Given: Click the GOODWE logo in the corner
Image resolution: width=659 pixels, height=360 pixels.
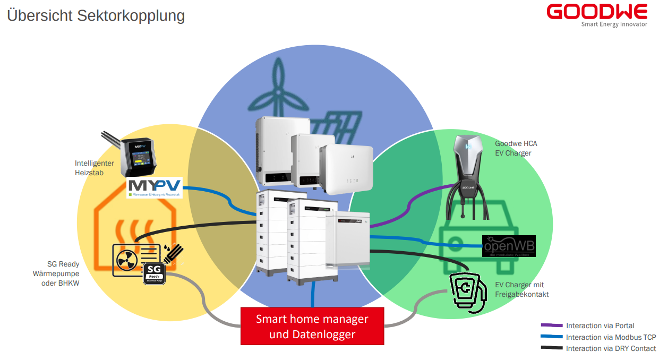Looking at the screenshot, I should [x=597, y=11].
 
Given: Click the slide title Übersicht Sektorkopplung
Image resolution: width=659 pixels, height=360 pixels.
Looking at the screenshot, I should [x=96, y=15].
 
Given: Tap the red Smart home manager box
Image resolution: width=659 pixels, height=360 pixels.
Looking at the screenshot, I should [x=312, y=326].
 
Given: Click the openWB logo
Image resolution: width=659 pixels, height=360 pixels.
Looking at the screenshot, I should [x=509, y=246].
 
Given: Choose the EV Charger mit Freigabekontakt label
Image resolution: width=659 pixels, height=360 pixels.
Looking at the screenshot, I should [x=522, y=289].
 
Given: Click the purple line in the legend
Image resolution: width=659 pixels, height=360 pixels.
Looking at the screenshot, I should [x=551, y=325].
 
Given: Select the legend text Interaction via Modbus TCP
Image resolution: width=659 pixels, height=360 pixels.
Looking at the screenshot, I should [x=611, y=337].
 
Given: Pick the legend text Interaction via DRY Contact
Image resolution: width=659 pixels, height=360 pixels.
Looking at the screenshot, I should [x=611, y=348].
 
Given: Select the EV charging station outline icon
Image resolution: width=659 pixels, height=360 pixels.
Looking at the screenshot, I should [x=467, y=290].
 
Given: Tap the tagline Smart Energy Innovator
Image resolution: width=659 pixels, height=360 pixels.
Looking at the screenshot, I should [x=614, y=24].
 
